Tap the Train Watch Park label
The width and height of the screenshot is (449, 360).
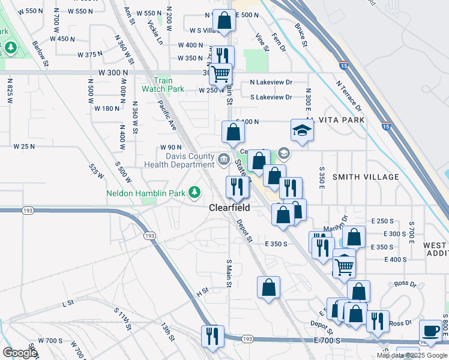(x=163, y=85)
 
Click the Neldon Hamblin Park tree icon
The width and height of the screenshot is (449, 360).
(x=194, y=192)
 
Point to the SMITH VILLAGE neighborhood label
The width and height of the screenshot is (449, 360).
(x=366, y=177)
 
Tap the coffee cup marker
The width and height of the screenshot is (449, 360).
(x=430, y=331)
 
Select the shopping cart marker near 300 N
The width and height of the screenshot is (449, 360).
(x=221, y=74)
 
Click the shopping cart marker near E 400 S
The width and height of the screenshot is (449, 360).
(x=344, y=264)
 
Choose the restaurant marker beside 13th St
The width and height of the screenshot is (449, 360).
(x=212, y=336)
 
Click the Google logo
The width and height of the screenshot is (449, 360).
(x=19, y=353)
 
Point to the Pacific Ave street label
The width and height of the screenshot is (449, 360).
(x=167, y=115)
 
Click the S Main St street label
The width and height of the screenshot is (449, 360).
(x=229, y=272)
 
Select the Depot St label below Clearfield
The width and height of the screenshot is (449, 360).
(x=244, y=230)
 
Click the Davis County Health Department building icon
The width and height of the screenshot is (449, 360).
(x=223, y=159)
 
